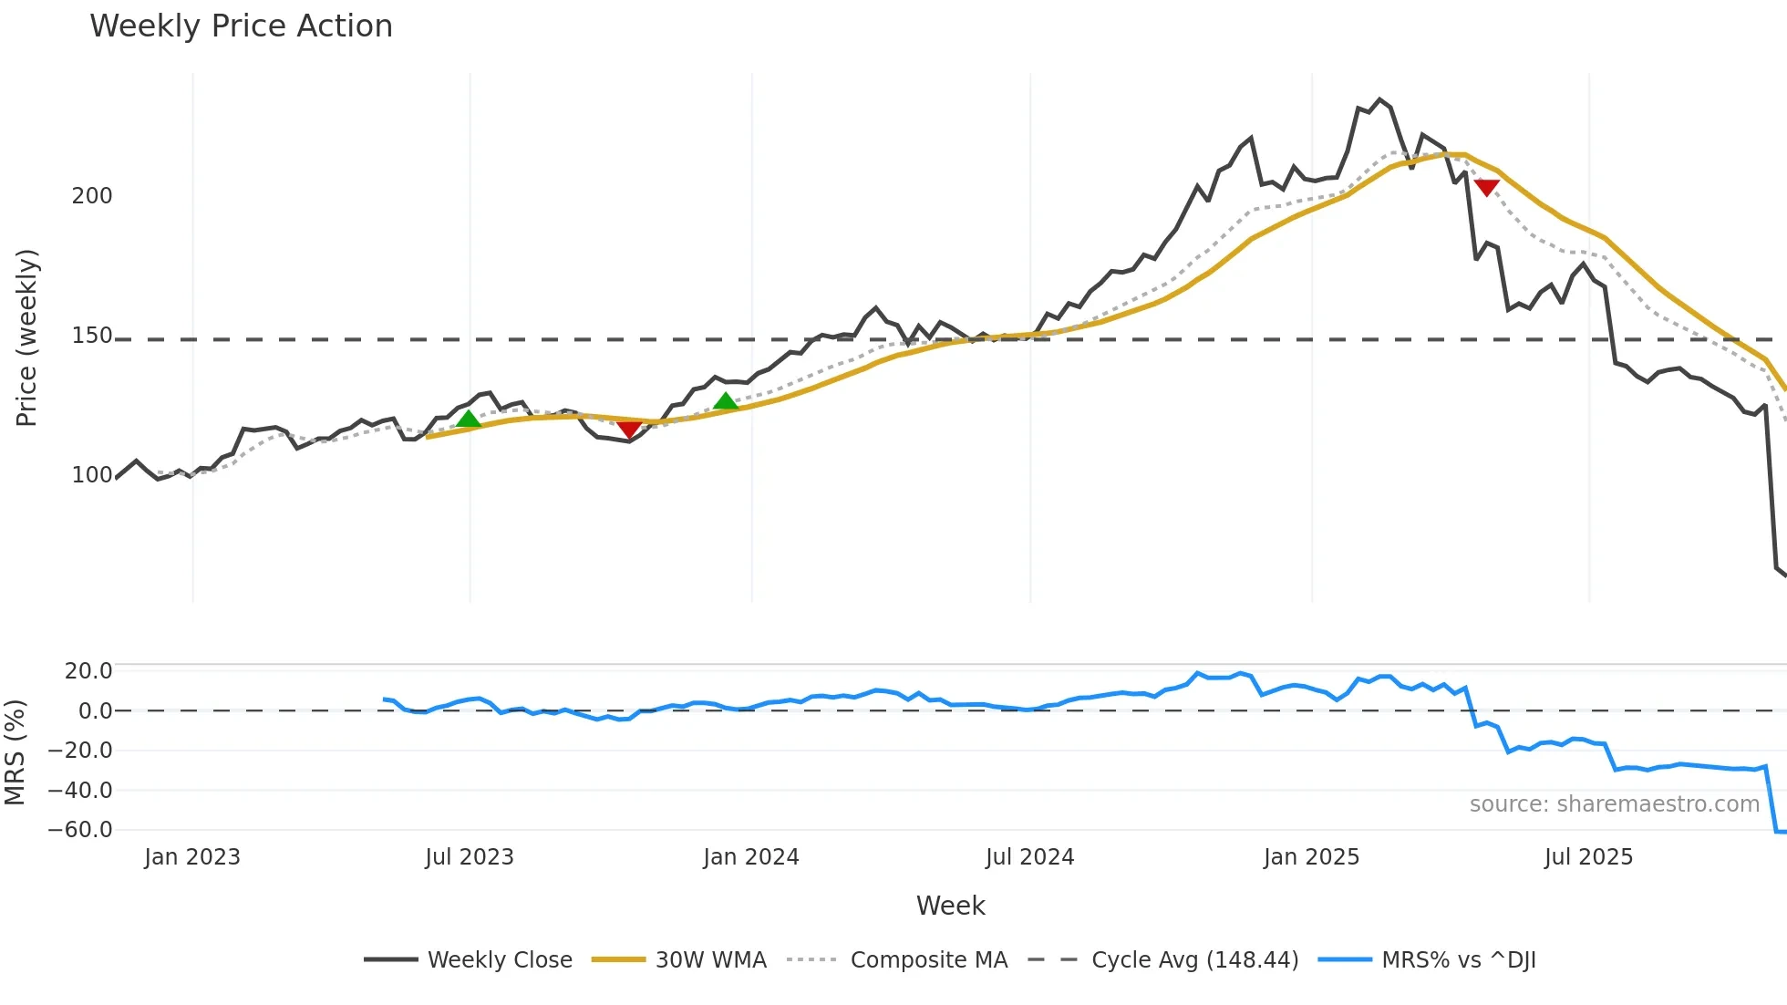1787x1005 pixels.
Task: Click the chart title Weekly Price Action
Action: pyautogui.click(x=241, y=26)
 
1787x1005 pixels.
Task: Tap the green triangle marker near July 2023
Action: pyautogui.click(x=469, y=420)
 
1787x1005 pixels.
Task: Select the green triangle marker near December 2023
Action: pyautogui.click(x=726, y=401)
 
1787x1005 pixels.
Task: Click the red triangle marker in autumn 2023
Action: pyautogui.click(x=629, y=429)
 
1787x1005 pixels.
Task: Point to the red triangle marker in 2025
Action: pyautogui.click(x=1487, y=188)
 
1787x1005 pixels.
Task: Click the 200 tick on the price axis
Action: pyautogui.click(x=92, y=196)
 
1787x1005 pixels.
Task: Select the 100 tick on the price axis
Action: pyautogui.click(x=92, y=475)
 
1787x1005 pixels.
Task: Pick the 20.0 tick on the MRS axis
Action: pyautogui.click(x=88, y=671)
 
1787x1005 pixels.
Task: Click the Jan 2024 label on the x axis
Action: pyautogui.click(x=751, y=857)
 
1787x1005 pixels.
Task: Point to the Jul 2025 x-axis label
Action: pyautogui.click(x=1588, y=857)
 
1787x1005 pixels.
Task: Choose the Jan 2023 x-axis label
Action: pyautogui.click(x=192, y=857)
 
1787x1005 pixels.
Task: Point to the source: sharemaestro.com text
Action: pyautogui.click(x=1615, y=804)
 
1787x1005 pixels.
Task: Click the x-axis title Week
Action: pyautogui.click(x=951, y=906)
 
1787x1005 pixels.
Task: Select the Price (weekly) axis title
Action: pyautogui.click(x=27, y=337)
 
